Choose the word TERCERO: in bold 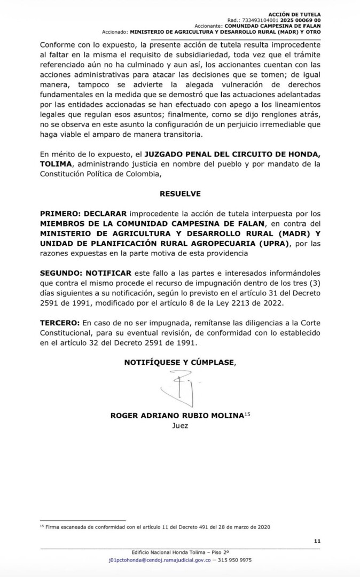click(x=60, y=323)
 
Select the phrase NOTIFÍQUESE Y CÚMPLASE click(x=179, y=362)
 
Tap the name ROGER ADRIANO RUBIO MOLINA click(x=176, y=416)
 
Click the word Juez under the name click(x=180, y=426)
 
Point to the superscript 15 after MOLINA click(x=247, y=415)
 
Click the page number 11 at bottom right click(x=317, y=541)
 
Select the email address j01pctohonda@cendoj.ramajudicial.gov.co click(x=165, y=560)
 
